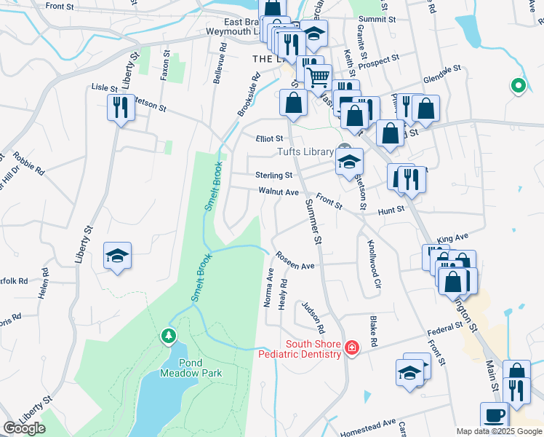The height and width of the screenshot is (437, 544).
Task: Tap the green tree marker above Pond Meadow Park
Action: [x=169, y=336]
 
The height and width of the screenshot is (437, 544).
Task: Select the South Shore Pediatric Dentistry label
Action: [x=303, y=350]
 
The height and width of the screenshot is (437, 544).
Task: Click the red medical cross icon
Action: [x=352, y=350]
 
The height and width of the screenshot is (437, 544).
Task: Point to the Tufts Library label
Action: [x=305, y=151]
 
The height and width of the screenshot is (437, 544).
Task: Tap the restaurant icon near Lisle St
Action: [x=118, y=108]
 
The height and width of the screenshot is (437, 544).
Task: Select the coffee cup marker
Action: [x=495, y=416]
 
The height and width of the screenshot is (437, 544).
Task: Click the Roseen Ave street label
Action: [x=295, y=262]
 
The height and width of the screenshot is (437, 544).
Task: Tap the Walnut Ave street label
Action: [x=279, y=192]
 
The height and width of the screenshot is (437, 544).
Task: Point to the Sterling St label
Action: [x=273, y=175]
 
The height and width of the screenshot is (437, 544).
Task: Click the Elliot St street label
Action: [x=268, y=138]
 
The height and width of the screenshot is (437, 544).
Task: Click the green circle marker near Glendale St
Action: [x=518, y=86]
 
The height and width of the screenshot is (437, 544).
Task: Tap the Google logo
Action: [x=24, y=428]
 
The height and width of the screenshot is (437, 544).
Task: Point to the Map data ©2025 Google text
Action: [x=499, y=431]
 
